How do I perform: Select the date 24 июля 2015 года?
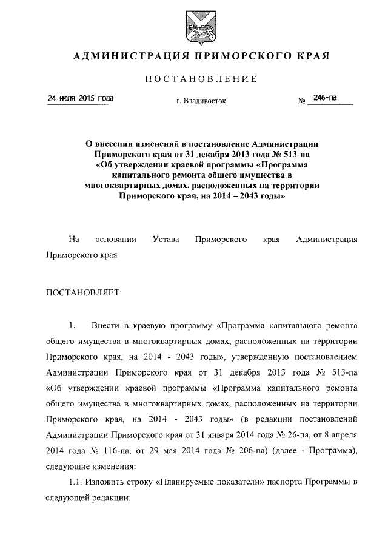(81, 99)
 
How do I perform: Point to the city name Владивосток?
(205, 101)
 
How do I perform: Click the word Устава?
(166, 240)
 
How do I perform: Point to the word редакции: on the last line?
(110, 498)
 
